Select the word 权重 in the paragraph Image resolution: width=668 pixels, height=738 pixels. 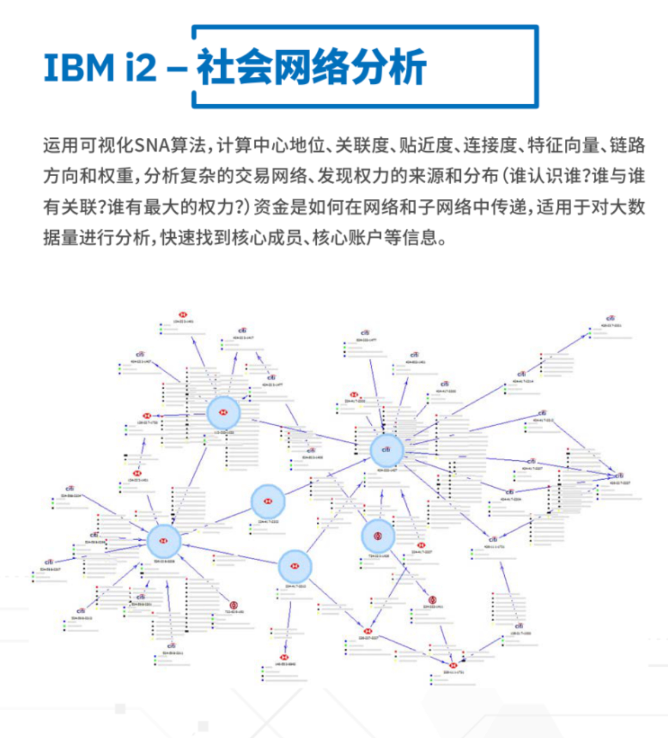115,176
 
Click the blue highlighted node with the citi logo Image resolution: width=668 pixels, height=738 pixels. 386,450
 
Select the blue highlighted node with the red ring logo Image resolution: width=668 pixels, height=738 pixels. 378,536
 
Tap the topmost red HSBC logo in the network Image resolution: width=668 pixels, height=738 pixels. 183,314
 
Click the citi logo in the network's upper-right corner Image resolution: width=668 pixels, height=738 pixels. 610,318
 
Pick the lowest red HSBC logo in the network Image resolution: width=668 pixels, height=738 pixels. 453,666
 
